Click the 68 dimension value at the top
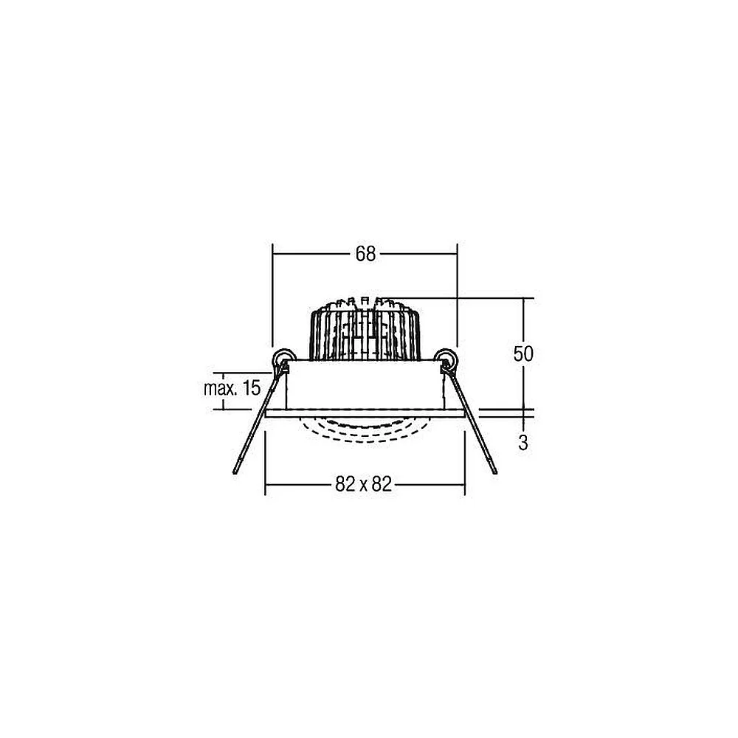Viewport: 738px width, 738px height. click(365, 254)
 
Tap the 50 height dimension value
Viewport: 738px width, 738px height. click(523, 354)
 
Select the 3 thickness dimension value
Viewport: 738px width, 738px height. click(523, 442)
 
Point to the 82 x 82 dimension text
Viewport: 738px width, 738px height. click(363, 484)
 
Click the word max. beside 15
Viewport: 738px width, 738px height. click(219, 389)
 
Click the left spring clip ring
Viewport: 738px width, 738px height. click(284, 358)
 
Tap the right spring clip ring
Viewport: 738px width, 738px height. click(445, 358)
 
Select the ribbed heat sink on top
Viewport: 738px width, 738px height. click(365, 329)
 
